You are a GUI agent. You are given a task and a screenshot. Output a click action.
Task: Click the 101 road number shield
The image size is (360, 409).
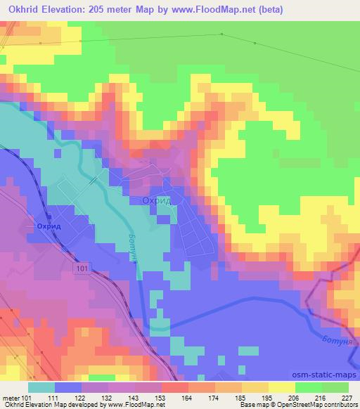point(81,268)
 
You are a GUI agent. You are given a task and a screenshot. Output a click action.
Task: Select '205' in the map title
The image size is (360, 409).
point(103,9)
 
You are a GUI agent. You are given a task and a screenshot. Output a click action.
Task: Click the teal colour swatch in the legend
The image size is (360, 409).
point(41,387)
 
